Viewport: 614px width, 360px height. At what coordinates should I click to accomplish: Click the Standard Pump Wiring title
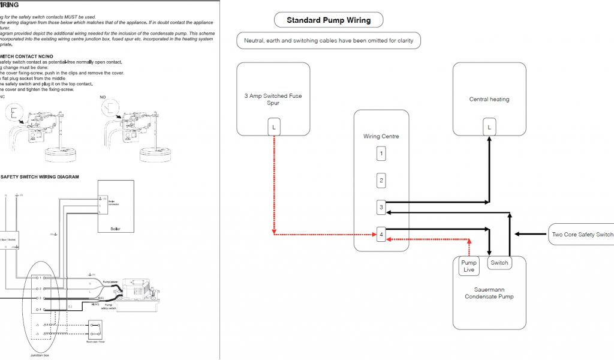328,20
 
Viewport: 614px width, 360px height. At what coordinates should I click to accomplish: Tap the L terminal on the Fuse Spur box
273,127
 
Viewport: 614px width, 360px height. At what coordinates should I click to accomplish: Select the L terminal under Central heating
489,127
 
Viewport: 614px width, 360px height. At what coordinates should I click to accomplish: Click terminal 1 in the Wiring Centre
381,154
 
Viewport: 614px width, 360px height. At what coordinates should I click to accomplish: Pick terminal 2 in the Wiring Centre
381,180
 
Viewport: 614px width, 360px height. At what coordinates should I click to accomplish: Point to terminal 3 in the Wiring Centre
381,208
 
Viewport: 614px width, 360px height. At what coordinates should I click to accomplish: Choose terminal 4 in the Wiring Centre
381,235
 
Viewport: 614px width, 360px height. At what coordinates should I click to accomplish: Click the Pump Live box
469,266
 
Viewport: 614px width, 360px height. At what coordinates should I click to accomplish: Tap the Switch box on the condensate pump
499,263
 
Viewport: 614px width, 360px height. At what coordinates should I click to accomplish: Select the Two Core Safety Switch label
581,234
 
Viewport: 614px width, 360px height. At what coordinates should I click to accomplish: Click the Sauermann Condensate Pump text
489,292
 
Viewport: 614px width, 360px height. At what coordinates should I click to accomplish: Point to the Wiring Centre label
381,136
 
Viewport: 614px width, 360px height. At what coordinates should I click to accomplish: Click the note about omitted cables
329,41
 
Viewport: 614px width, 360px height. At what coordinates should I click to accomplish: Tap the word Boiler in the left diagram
116,228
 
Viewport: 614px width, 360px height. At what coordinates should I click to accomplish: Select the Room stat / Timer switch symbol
94,329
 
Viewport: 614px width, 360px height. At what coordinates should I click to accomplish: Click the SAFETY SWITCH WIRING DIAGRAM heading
40,177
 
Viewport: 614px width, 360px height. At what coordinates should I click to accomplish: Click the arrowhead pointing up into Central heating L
489,137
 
